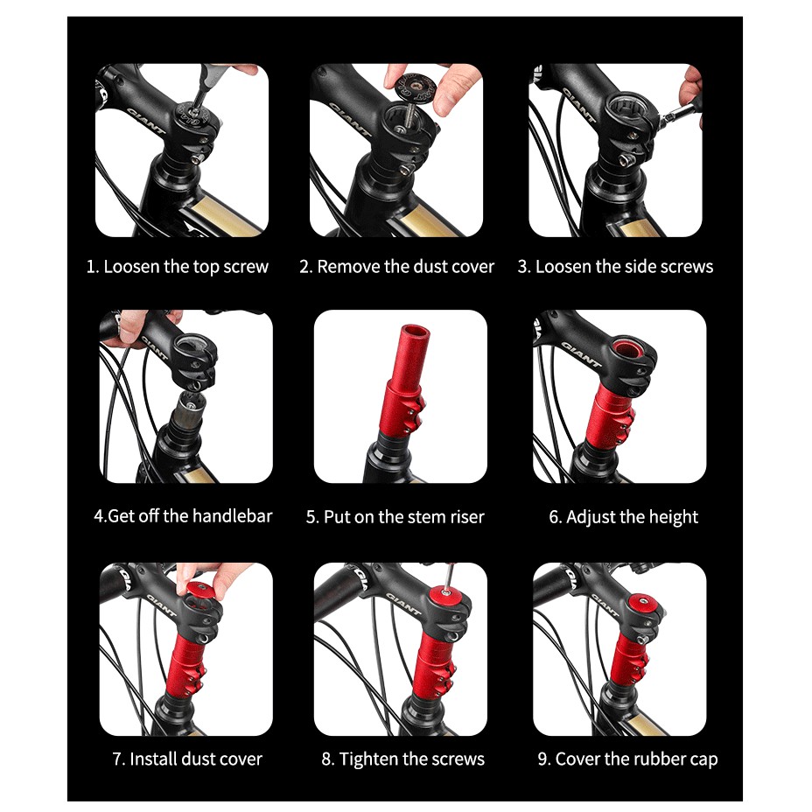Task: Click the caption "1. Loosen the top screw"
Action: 177,267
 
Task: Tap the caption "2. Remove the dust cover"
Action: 396,267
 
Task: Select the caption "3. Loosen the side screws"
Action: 615,267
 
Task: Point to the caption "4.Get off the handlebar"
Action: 183,516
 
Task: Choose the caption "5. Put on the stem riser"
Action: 395,517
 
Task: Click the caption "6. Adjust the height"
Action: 624,517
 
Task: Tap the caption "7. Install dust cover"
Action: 187,759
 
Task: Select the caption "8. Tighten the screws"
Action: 402,759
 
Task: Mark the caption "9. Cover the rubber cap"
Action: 627,759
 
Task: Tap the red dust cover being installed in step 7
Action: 201,591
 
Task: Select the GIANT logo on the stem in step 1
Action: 145,121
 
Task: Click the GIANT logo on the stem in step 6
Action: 581,354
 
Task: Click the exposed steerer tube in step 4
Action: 187,409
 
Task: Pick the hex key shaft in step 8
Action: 449,577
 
